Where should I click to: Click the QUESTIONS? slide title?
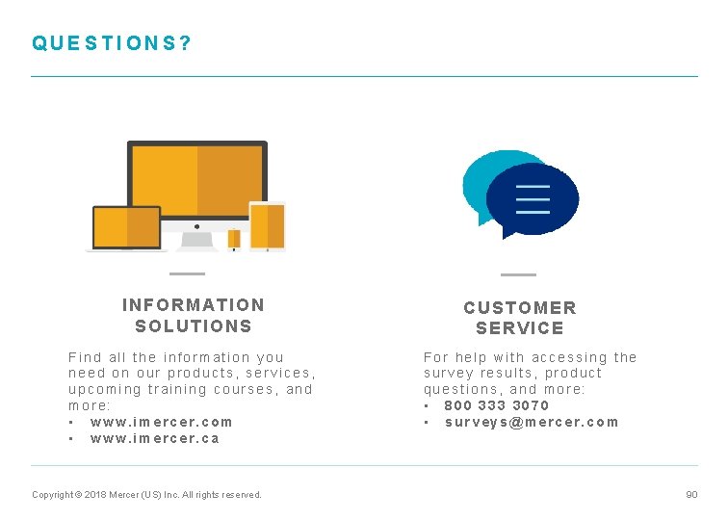click(112, 43)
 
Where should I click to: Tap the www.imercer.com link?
click(161, 422)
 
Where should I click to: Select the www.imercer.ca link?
click(154, 438)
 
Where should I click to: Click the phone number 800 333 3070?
click(496, 405)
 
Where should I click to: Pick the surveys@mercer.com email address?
click(532, 422)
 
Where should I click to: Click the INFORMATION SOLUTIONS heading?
click(194, 315)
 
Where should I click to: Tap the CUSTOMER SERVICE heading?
click(520, 318)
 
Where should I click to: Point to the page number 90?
click(691, 494)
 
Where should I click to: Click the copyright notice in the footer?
click(146, 495)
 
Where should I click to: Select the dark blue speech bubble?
click(532, 200)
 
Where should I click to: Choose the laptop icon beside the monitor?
click(126, 228)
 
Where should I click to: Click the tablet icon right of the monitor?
click(267, 226)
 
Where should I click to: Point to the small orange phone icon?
click(234, 238)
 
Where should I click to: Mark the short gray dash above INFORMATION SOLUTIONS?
click(187, 274)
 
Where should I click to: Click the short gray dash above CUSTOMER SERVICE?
click(518, 274)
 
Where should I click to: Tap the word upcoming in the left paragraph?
click(103, 389)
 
